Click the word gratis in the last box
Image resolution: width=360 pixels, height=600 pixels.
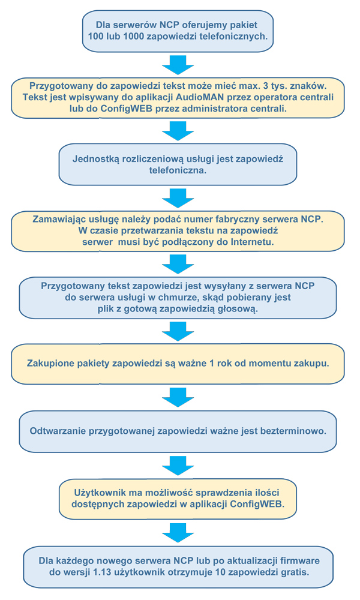click(295, 572)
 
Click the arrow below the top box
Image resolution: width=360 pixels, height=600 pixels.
click(178, 65)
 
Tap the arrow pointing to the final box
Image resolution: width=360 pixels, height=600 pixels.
click(178, 532)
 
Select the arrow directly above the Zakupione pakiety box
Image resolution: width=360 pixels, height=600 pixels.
click(178, 331)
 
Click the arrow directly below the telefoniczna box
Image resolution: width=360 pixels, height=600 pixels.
click(178, 198)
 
